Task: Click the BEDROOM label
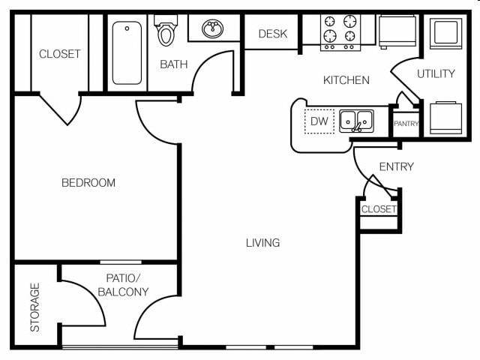[x=88, y=182]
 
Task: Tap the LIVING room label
[x=262, y=242]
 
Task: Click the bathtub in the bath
[x=127, y=52]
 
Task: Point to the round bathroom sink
[x=213, y=30]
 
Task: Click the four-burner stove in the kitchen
[x=340, y=32]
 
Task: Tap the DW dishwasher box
[x=319, y=121]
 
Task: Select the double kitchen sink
[x=356, y=121]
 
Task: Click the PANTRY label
[x=406, y=124]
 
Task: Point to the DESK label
[x=272, y=34]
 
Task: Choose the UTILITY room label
[x=436, y=73]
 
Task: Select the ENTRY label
[x=396, y=166]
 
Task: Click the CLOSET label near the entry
[x=379, y=209]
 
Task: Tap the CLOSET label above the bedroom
[x=59, y=54]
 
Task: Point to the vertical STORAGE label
[x=34, y=307]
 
